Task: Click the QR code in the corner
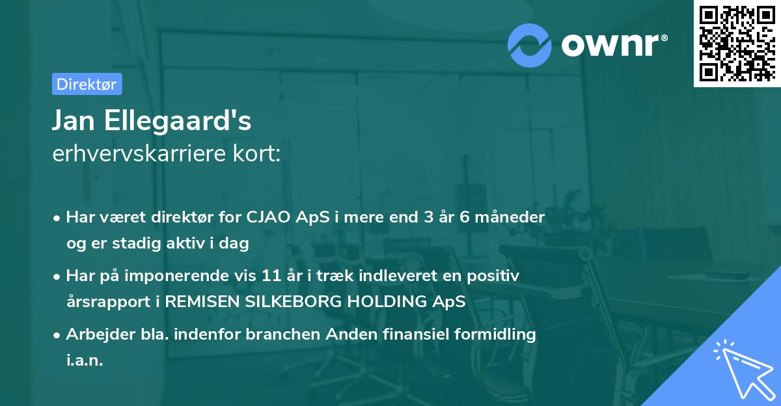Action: pyautogui.click(x=737, y=44)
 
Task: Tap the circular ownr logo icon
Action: pyautogui.click(x=529, y=46)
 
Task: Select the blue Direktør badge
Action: pyautogui.click(x=87, y=84)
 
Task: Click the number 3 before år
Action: pyautogui.click(x=429, y=217)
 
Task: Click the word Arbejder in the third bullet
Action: pyautogui.click(x=96, y=334)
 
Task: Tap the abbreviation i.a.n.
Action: pyautogui.click(x=85, y=360)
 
